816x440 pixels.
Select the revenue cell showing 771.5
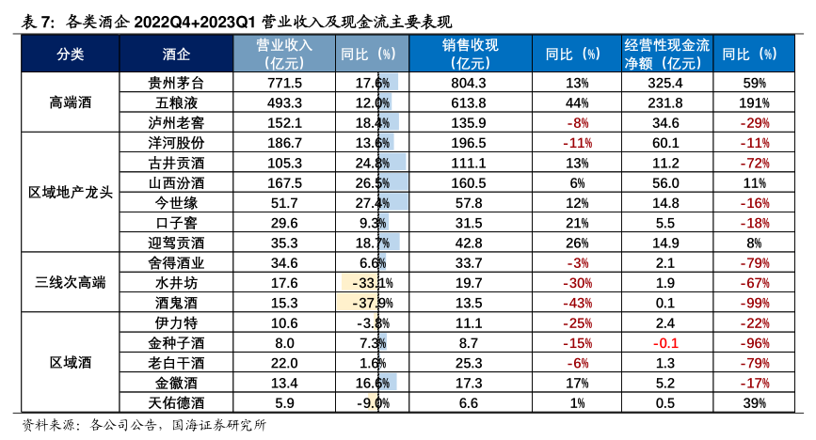click(284, 83)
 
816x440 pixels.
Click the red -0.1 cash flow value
click(667, 343)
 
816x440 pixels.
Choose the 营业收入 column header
click(284, 54)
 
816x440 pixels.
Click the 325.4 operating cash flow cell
click(665, 83)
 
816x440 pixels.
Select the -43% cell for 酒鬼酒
click(578, 303)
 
